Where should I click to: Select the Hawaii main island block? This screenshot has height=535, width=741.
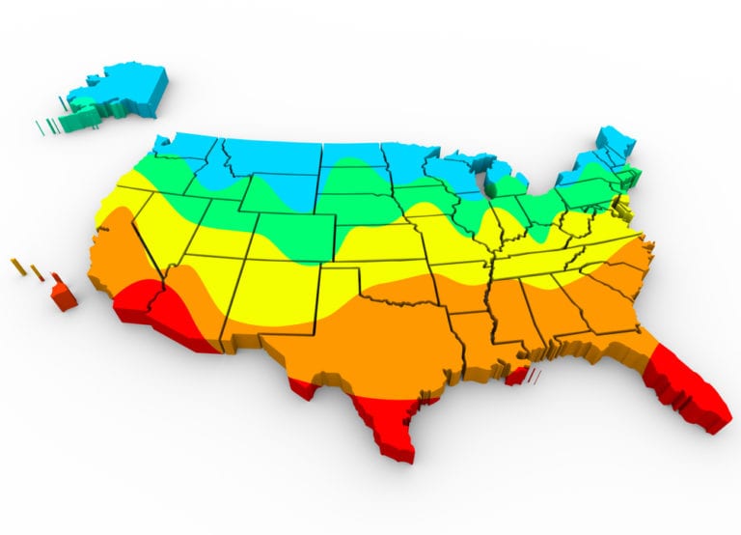(64, 294)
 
